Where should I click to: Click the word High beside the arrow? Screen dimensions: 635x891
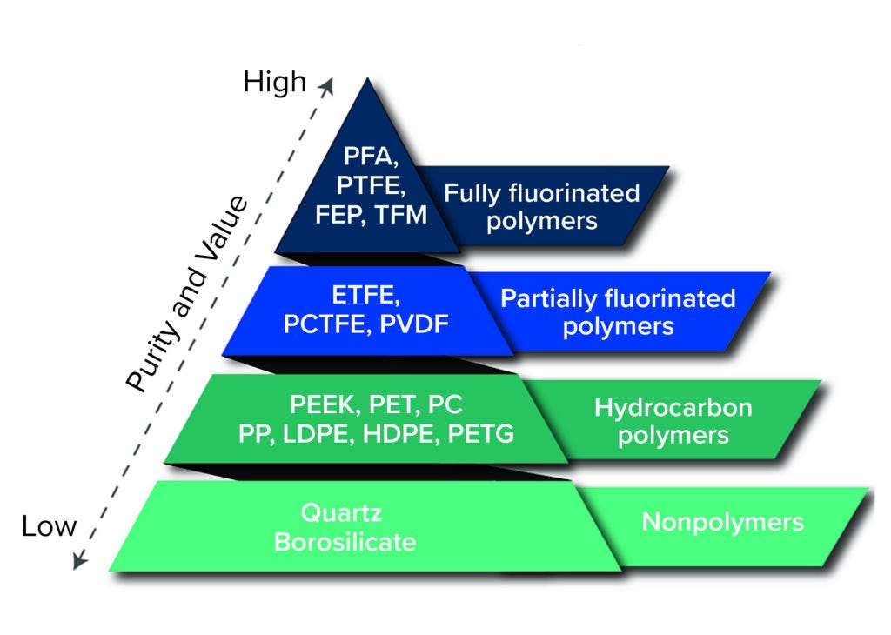click(x=274, y=82)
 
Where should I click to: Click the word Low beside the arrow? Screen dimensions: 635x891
click(x=50, y=527)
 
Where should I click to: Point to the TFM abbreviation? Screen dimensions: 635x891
click(x=399, y=214)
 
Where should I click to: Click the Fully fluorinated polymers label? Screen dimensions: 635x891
click(x=542, y=206)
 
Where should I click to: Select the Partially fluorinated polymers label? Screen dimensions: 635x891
click(x=618, y=312)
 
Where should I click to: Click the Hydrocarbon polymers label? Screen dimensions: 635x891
click(x=673, y=420)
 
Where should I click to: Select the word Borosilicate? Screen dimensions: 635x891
click(x=345, y=541)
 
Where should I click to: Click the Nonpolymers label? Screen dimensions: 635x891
click(x=722, y=523)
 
